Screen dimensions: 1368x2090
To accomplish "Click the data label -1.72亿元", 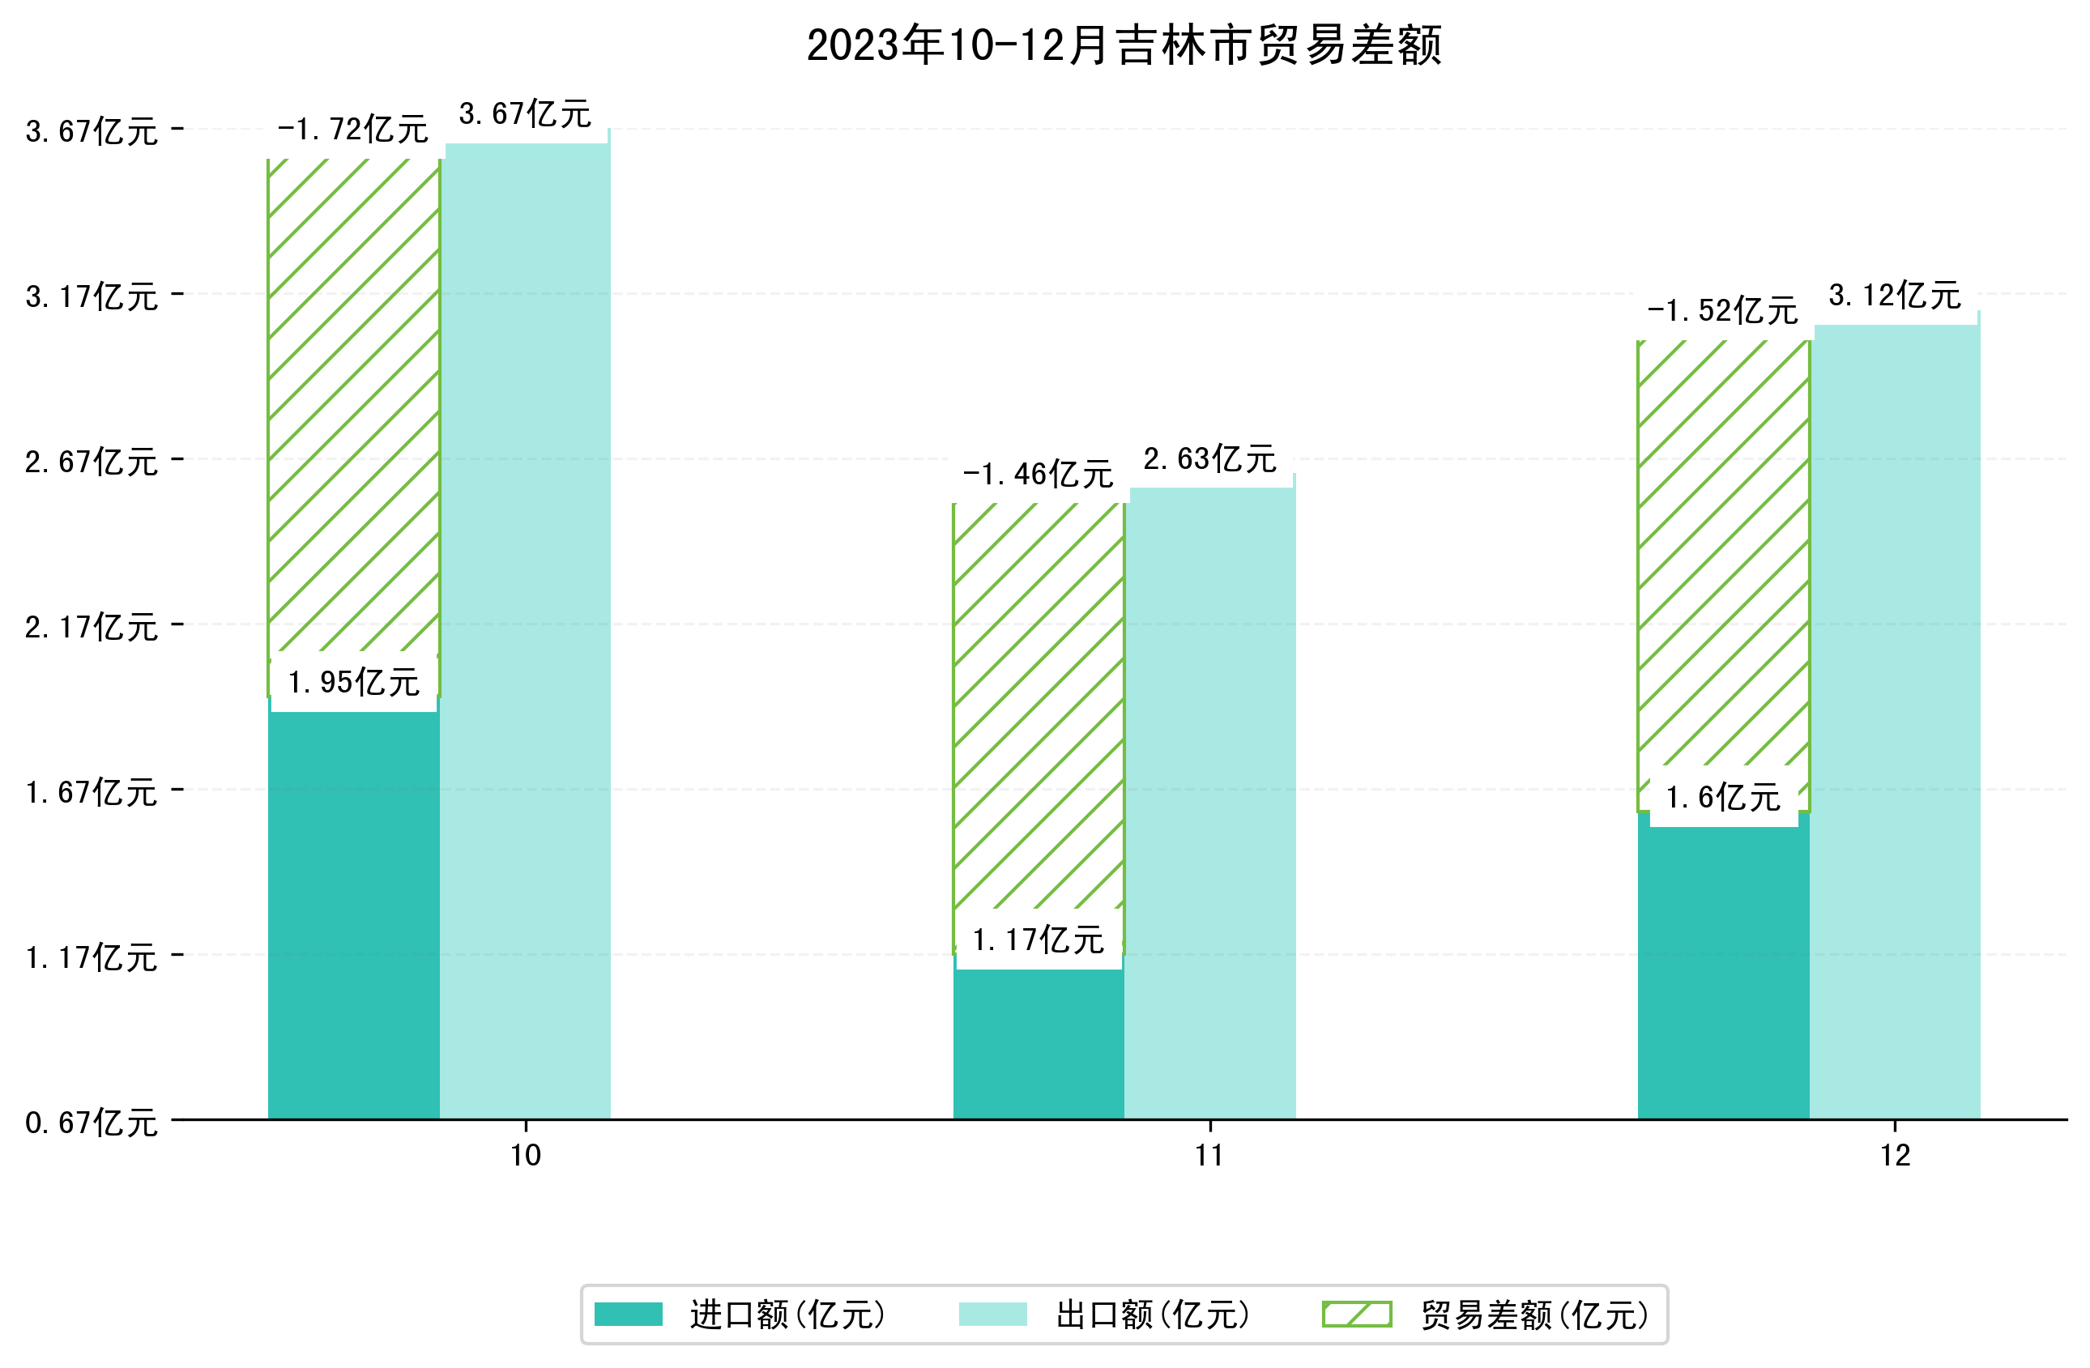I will point(353,130).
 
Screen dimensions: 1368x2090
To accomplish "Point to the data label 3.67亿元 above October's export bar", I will point(525,114).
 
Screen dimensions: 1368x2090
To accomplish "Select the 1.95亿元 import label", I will point(353,682).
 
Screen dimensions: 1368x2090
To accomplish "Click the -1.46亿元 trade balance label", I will point(1038,475).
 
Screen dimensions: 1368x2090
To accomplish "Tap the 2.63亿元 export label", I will point(1209,459).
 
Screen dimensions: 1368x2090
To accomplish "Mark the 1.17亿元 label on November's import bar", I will point(1038,940).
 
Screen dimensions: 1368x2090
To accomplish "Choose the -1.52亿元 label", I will point(1722,311).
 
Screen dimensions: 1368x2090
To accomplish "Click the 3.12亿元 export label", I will point(1894,296).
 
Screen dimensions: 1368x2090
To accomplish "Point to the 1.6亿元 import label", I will point(1722,797).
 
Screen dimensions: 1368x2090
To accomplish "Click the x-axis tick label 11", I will point(1209,1157).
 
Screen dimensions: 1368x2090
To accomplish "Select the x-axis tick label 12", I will point(1895,1157).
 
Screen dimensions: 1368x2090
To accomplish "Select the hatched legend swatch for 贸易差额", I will point(1357,1315).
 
